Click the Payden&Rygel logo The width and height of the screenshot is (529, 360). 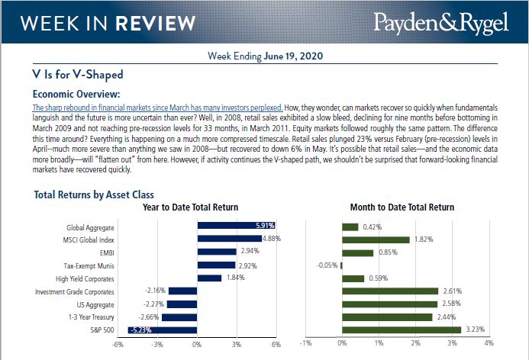(440, 23)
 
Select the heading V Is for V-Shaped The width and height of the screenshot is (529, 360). (78, 75)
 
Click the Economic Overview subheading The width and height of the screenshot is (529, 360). (76, 94)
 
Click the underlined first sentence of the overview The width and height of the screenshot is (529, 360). (158, 108)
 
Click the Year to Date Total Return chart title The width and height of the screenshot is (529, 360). (190, 207)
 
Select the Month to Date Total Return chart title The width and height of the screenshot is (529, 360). (402, 207)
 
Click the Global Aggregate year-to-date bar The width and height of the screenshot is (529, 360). (236, 226)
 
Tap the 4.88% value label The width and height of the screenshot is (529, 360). (273, 239)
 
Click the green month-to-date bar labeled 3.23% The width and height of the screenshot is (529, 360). (402, 329)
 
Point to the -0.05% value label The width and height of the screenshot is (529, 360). (326, 265)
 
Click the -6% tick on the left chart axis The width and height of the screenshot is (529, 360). (118, 345)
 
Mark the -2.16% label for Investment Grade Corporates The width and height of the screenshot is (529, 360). (155, 291)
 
